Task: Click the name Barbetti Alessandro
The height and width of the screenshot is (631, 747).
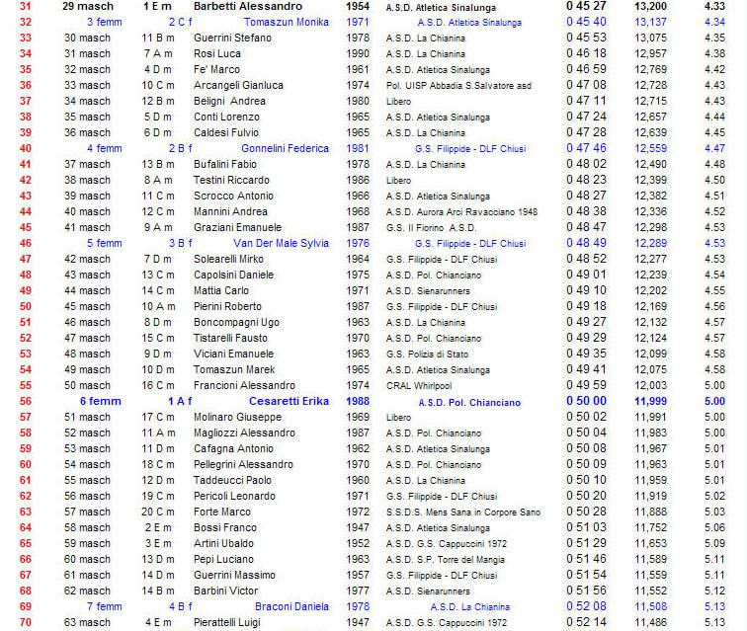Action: (249, 6)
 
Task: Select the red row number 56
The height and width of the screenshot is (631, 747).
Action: (26, 401)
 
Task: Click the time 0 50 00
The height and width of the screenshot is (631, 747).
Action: (586, 401)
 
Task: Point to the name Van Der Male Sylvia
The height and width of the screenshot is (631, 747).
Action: (281, 243)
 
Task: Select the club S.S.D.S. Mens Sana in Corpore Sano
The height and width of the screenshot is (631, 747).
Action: (462, 512)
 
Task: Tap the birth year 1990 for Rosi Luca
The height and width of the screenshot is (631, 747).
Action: (358, 53)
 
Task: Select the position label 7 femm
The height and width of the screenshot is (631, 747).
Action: (104, 606)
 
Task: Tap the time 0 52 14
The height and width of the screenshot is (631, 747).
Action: (586, 622)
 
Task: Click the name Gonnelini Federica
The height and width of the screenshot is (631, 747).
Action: (285, 148)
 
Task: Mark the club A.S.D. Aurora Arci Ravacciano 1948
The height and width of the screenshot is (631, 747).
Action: (461, 211)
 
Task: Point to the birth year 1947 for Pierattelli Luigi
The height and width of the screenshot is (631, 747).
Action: (358, 622)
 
